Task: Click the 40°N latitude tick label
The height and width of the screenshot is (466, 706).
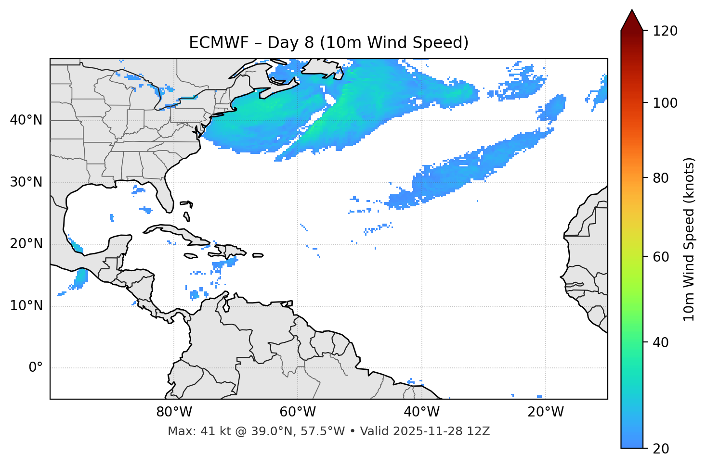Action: [26, 120]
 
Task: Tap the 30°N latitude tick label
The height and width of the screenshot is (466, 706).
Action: [26, 182]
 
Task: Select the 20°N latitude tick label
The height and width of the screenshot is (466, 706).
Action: [26, 244]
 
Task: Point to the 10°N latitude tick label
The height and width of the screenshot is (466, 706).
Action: [26, 306]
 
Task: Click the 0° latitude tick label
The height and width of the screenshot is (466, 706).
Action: [36, 368]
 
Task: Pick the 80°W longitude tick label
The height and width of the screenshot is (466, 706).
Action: [174, 412]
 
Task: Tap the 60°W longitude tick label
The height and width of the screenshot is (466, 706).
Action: [298, 412]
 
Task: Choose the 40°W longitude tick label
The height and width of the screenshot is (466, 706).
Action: [421, 412]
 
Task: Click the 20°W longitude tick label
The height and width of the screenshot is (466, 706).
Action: [545, 412]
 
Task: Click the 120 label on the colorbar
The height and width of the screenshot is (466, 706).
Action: [665, 31]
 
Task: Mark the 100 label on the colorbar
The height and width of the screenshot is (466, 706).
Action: [665, 103]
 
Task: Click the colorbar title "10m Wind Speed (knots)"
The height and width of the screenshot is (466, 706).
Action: [689, 239]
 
